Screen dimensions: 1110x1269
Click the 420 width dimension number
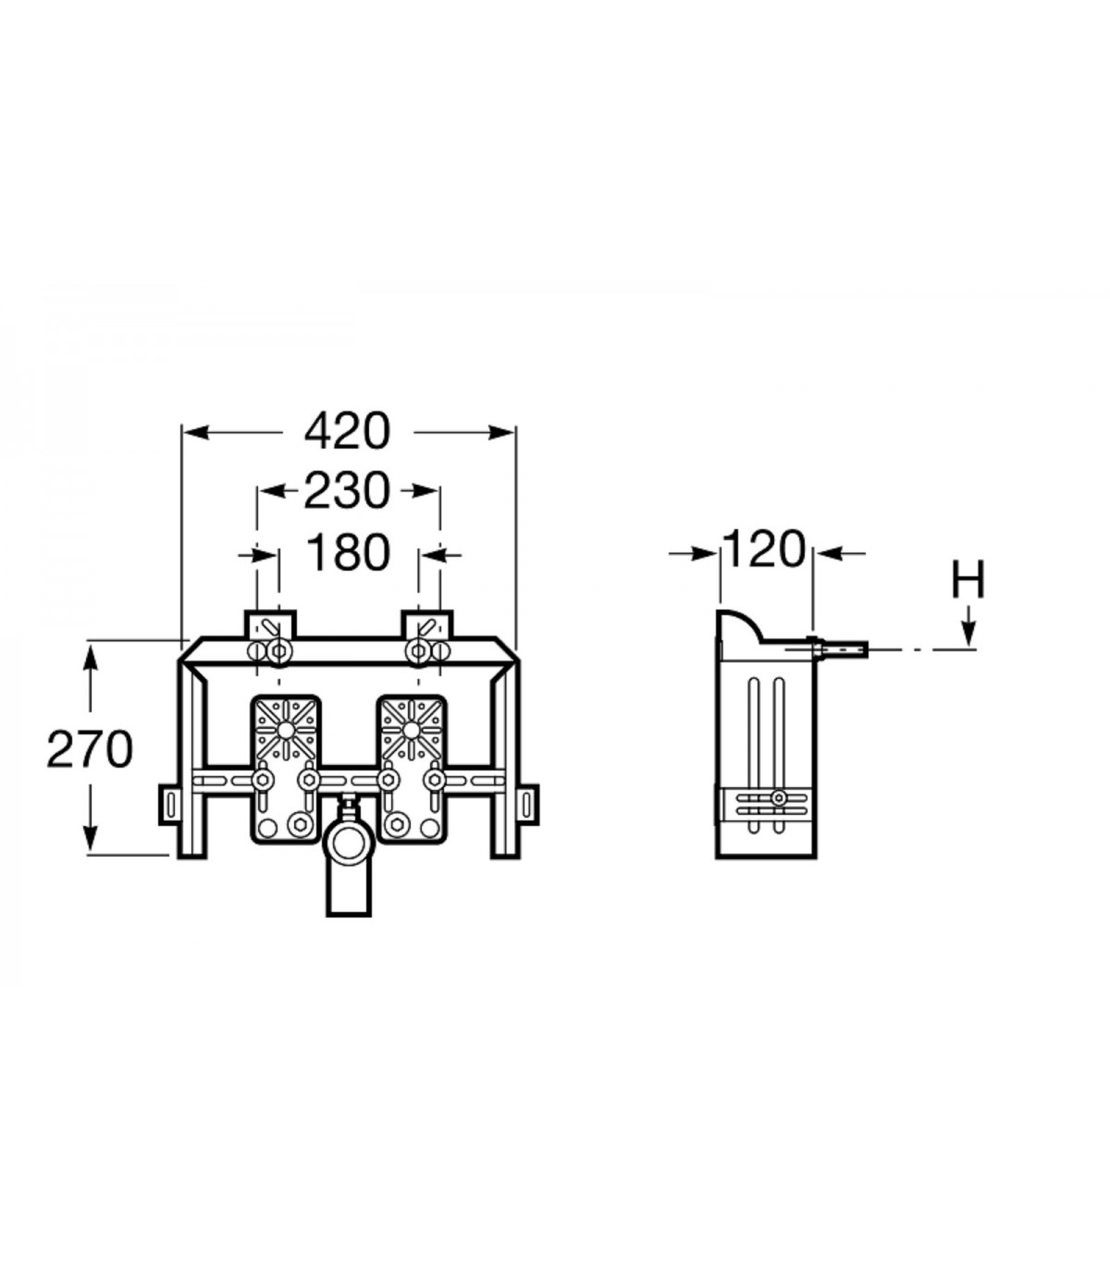point(347,432)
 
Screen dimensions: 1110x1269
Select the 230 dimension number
point(347,491)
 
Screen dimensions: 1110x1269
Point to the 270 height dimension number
point(90,749)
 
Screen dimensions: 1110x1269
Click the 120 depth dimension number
point(764,549)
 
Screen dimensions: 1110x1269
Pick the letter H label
point(968,579)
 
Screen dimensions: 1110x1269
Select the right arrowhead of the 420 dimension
point(501,432)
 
